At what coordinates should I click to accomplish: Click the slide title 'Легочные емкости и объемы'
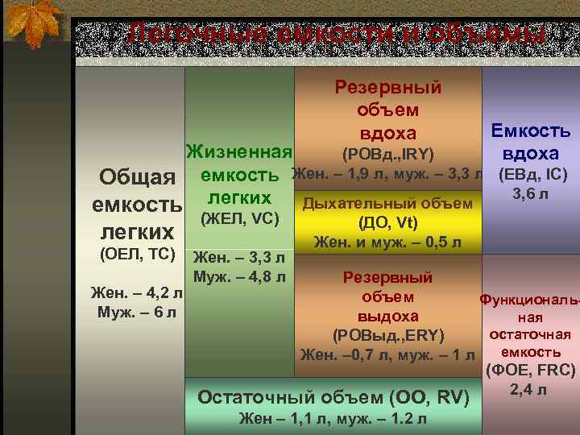pyautogui.click(x=338, y=35)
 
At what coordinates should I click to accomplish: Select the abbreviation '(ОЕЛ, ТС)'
pyautogui.click(x=136, y=255)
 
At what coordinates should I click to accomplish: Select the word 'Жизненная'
pyautogui.click(x=238, y=152)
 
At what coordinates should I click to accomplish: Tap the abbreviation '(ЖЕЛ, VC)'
pyautogui.click(x=239, y=217)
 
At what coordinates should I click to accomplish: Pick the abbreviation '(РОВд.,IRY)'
pyautogui.click(x=388, y=153)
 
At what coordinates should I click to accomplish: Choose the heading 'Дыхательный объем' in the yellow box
pyautogui.click(x=387, y=204)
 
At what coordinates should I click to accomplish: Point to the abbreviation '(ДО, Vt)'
pyautogui.click(x=387, y=223)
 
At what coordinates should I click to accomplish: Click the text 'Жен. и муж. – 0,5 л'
pyautogui.click(x=387, y=242)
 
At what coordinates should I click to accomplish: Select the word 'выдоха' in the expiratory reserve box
pyautogui.click(x=387, y=316)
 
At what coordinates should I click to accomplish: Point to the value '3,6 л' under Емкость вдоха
pyautogui.click(x=531, y=193)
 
